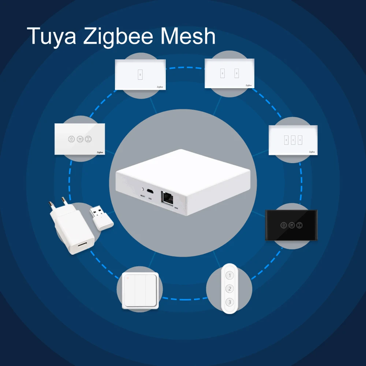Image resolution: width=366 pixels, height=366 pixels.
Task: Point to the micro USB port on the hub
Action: coord(150,191)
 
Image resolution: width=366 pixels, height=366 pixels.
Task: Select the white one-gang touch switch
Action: coord(140,74)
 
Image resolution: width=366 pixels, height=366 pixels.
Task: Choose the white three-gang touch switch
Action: coord(293,140)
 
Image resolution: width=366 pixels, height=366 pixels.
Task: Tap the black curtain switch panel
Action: coord(291,225)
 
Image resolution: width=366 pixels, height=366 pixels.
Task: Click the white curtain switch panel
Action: coord(80,139)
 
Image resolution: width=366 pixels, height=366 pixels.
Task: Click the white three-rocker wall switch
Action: coord(141,291)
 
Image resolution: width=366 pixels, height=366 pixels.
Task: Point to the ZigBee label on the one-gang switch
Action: coord(160,87)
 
